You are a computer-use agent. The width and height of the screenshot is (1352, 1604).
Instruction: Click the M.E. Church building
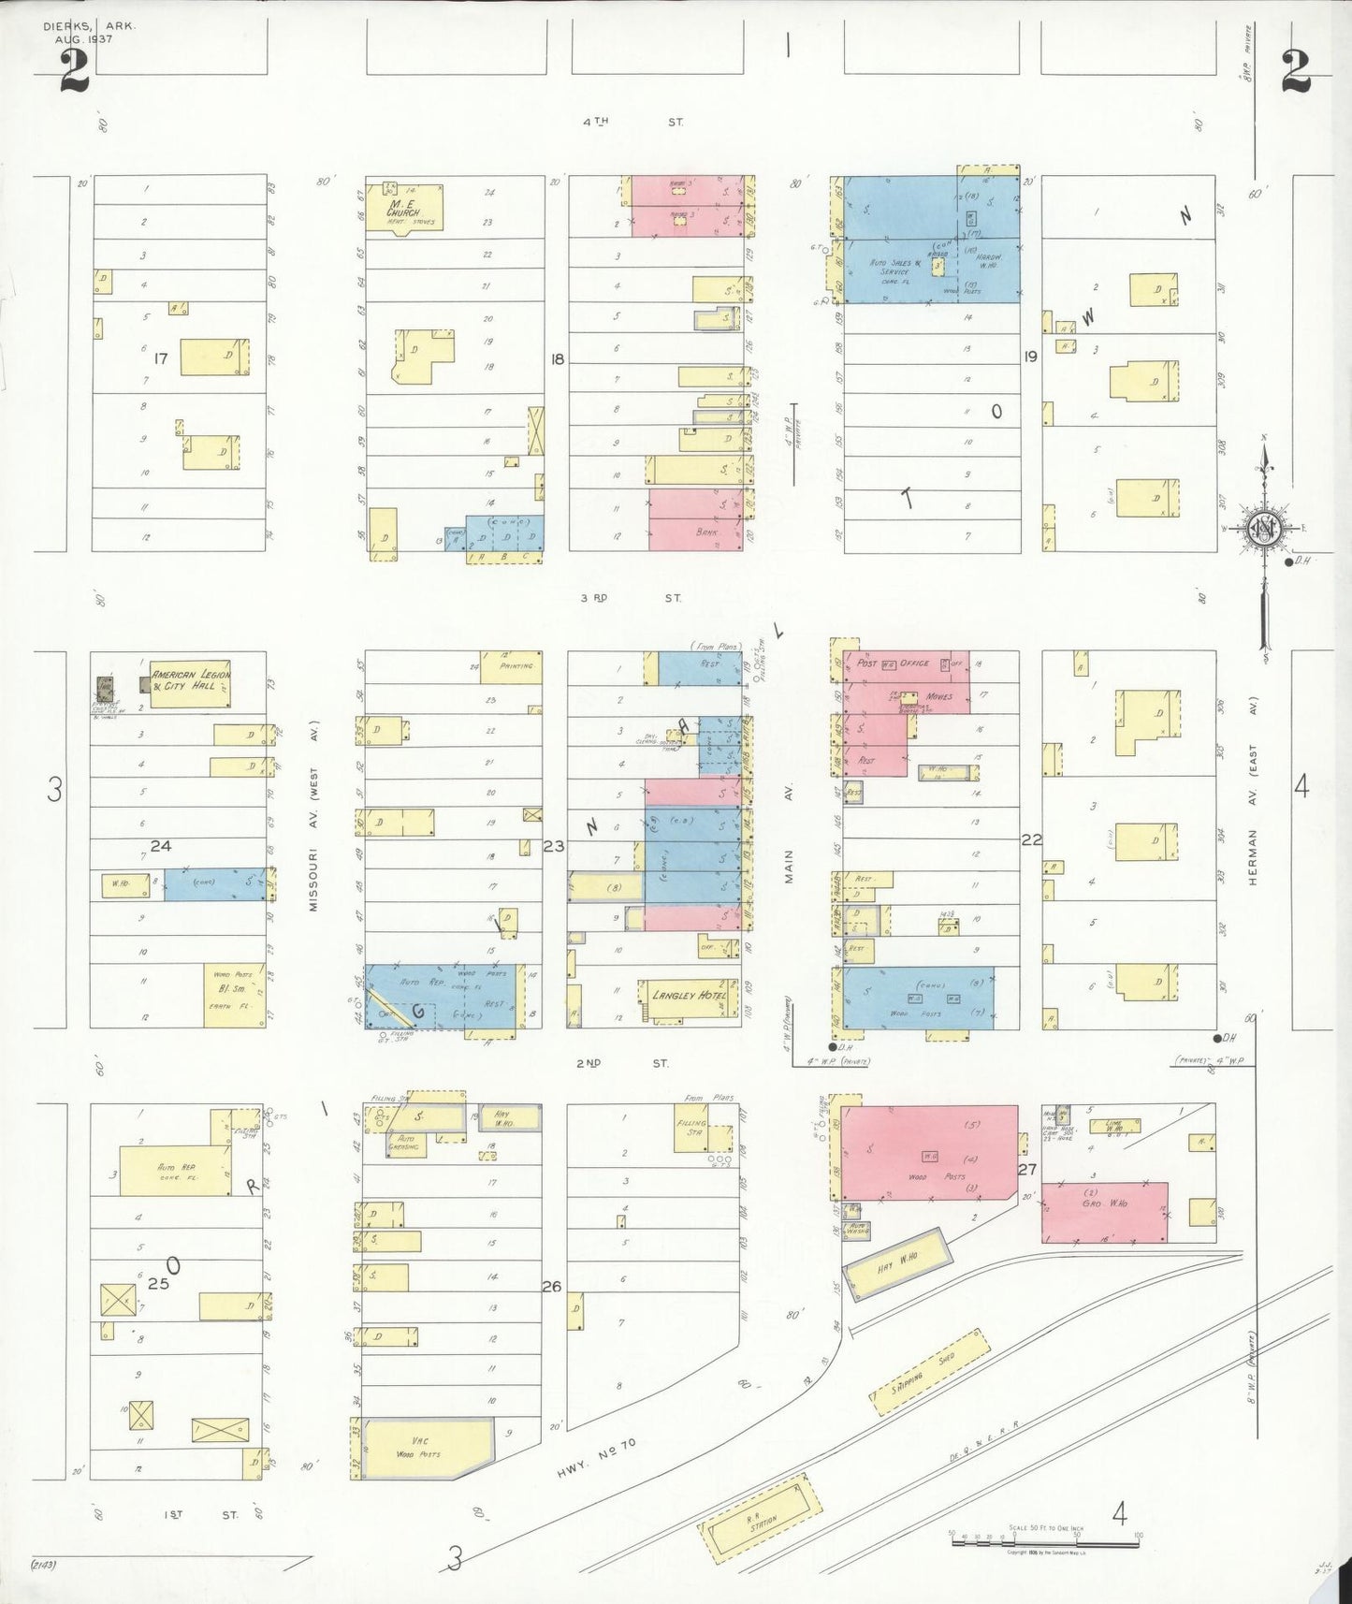pos(412,208)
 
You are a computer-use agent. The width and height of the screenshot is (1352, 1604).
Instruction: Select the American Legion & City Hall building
pos(190,680)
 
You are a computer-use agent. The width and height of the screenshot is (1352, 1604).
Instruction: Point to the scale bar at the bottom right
pos(1044,1538)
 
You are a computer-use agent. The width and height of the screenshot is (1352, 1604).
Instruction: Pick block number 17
pos(160,358)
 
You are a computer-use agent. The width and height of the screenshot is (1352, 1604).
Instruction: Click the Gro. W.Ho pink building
pos(1104,1211)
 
